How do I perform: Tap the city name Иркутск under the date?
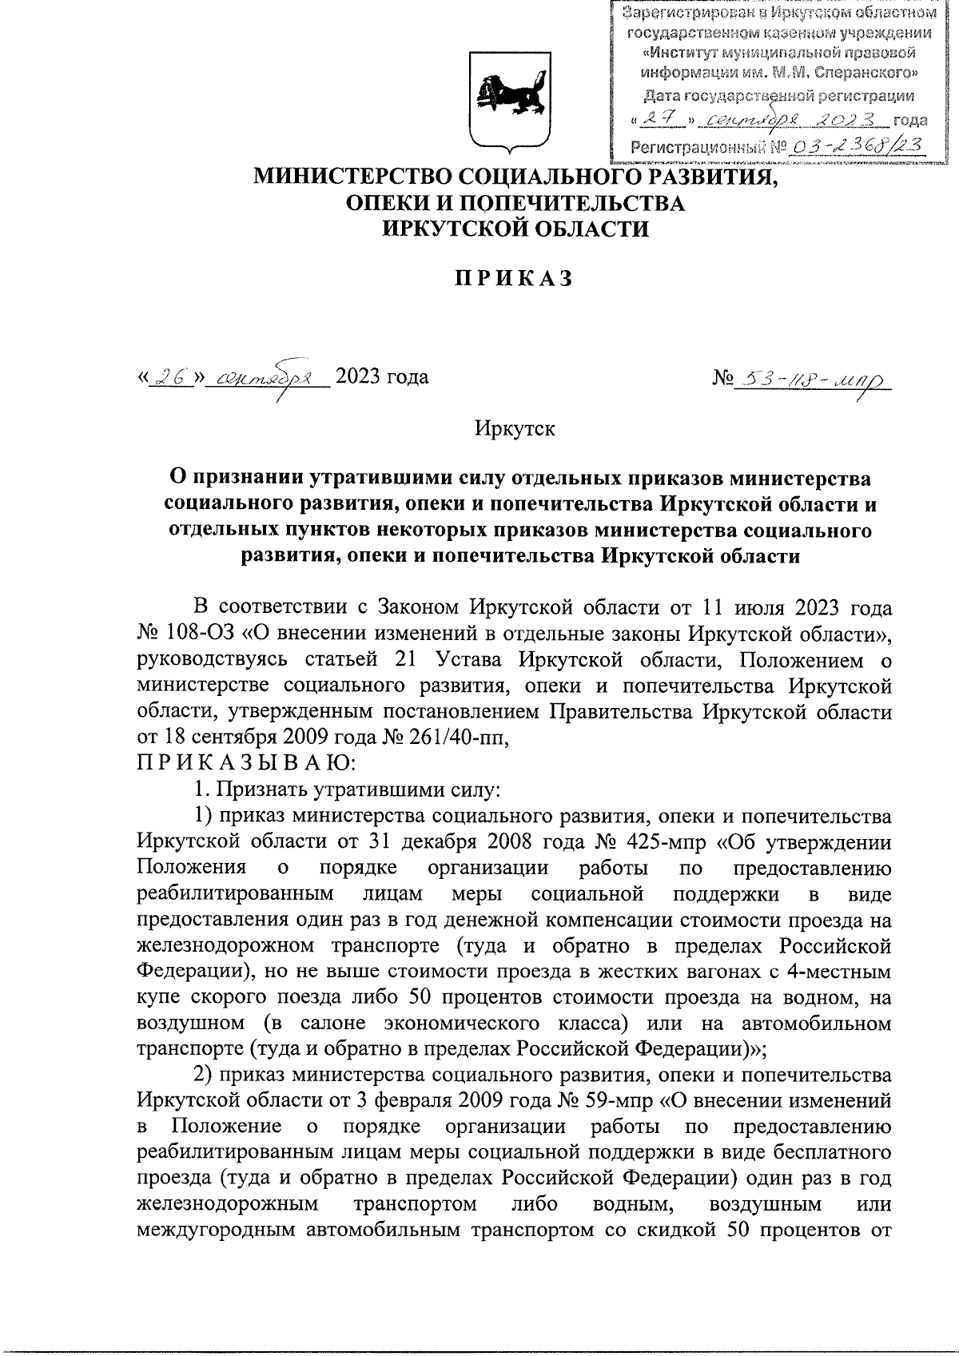tap(515, 428)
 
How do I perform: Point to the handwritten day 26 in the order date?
tap(169, 376)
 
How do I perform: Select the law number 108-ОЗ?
tap(201, 634)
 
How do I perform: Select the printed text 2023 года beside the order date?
tap(381, 376)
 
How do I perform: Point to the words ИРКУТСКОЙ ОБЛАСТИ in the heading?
tap(515, 229)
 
